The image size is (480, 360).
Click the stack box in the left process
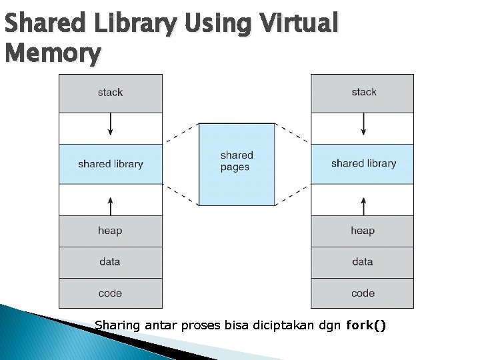click(x=111, y=93)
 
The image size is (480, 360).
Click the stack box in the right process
click(x=363, y=93)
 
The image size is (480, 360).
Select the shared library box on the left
click(x=111, y=164)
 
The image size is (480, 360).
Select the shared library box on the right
click(x=363, y=164)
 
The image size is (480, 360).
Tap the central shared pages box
click(x=237, y=164)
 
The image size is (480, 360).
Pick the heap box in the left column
click(x=111, y=231)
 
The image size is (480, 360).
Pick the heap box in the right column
click(x=363, y=231)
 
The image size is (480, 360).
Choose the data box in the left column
click(x=111, y=262)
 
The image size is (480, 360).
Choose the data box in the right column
click(x=363, y=262)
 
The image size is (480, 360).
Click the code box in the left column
click(x=111, y=293)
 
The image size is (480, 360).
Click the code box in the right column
click(x=363, y=293)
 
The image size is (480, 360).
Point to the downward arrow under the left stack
click(x=111, y=125)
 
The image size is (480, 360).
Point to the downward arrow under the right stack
click(x=363, y=125)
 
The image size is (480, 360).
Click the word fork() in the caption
click(x=366, y=326)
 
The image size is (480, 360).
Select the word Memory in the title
click(x=53, y=53)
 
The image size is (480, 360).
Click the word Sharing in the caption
click(x=118, y=326)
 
